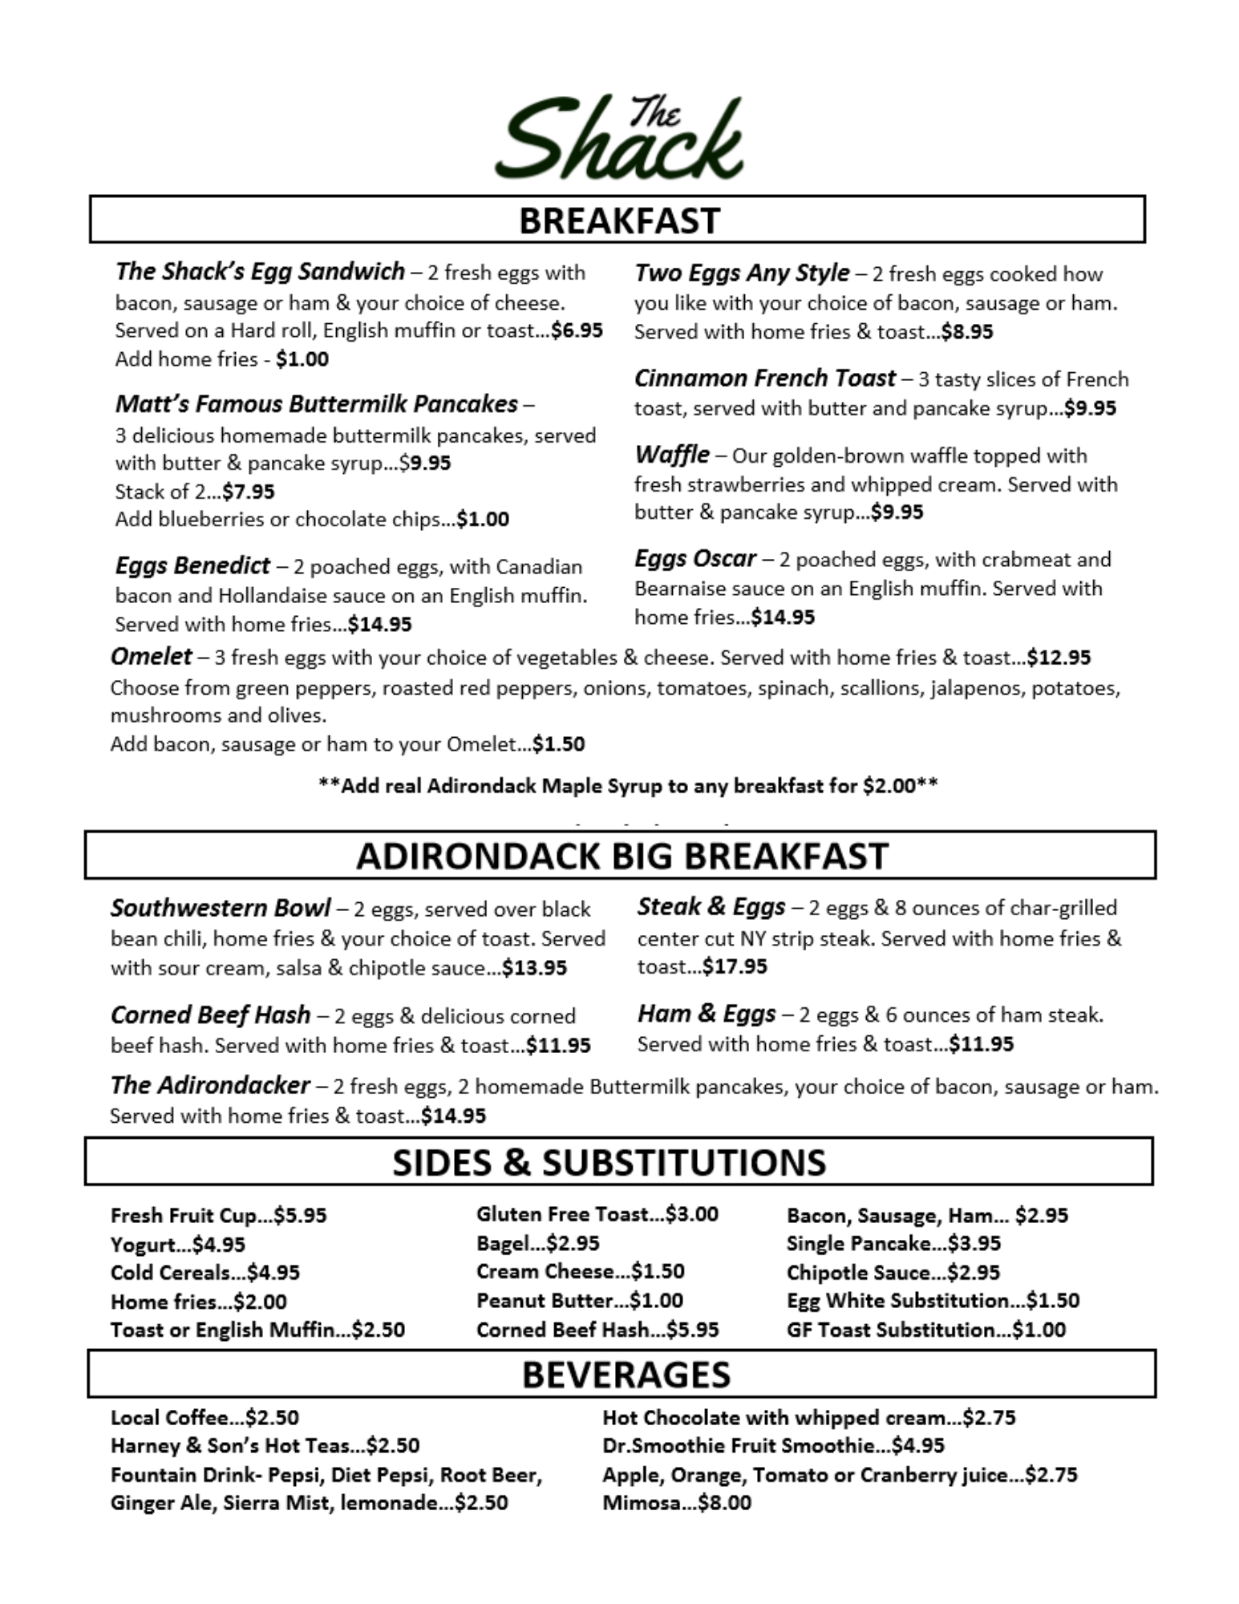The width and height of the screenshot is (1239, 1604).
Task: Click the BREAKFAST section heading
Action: (x=618, y=221)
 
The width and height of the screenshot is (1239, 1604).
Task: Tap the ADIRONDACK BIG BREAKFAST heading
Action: (x=622, y=856)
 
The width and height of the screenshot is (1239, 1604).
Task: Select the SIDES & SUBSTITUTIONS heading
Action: (x=609, y=1162)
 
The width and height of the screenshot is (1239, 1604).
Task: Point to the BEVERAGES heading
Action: (x=626, y=1375)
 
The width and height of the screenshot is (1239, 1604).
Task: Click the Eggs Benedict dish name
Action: (x=192, y=566)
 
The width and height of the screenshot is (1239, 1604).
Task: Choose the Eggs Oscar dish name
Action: (x=694, y=558)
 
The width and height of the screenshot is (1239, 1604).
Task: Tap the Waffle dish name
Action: (x=671, y=455)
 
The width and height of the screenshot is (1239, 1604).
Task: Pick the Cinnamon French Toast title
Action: (x=764, y=378)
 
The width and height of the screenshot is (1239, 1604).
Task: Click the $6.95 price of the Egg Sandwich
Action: (x=577, y=330)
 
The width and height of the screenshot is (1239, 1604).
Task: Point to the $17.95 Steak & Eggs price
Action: (x=735, y=966)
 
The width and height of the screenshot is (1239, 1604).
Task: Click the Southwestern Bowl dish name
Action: (x=221, y=908)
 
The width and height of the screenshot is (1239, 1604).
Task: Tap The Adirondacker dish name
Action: (x=210, y=1085)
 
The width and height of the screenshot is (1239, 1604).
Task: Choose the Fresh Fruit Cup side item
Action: (x=218, y=1215)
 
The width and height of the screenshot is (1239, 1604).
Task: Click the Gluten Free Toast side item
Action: (x=597, y=1214)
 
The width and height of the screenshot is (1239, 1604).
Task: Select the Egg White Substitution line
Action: (x=933, y=1300)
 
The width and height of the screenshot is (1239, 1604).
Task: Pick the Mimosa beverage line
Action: (x=676, y=1502)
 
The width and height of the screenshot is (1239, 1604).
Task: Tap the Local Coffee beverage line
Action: (x=204, y=1417)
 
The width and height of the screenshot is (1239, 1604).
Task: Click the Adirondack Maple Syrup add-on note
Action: (x=628, y=785)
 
